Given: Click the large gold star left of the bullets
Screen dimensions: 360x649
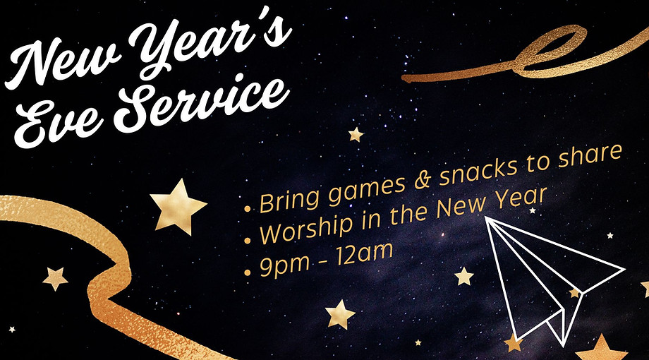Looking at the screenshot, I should [x=178, y=205].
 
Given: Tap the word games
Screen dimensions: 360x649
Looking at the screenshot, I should [x=360, y=188].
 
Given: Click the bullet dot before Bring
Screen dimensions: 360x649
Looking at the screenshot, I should [x=248, y=209].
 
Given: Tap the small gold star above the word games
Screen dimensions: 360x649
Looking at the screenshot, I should [x=356, y=133].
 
